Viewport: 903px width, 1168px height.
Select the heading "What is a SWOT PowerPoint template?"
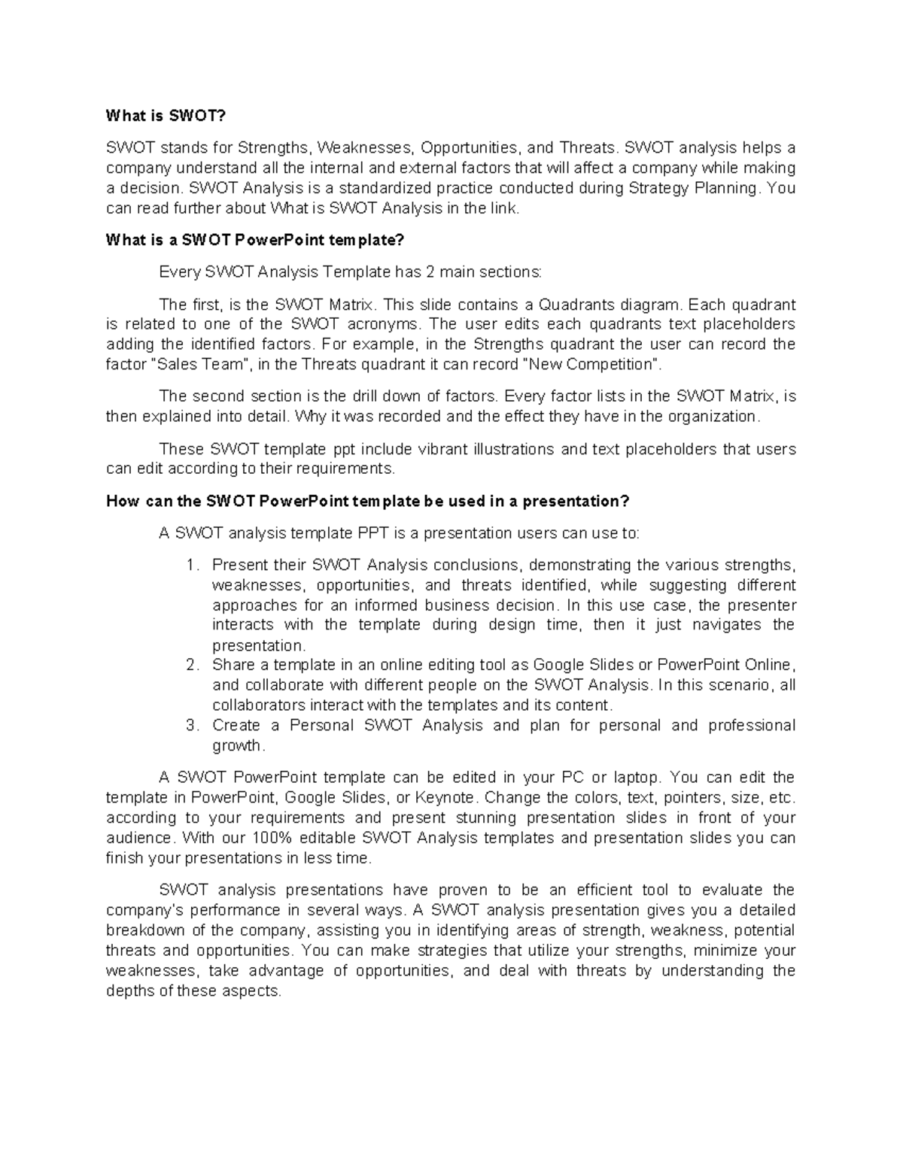[x=255, y=240]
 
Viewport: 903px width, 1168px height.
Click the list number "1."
[x=193, y=565]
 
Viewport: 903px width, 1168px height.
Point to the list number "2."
[x=193, y=665]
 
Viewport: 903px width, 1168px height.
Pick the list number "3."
[x=193, y=725]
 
